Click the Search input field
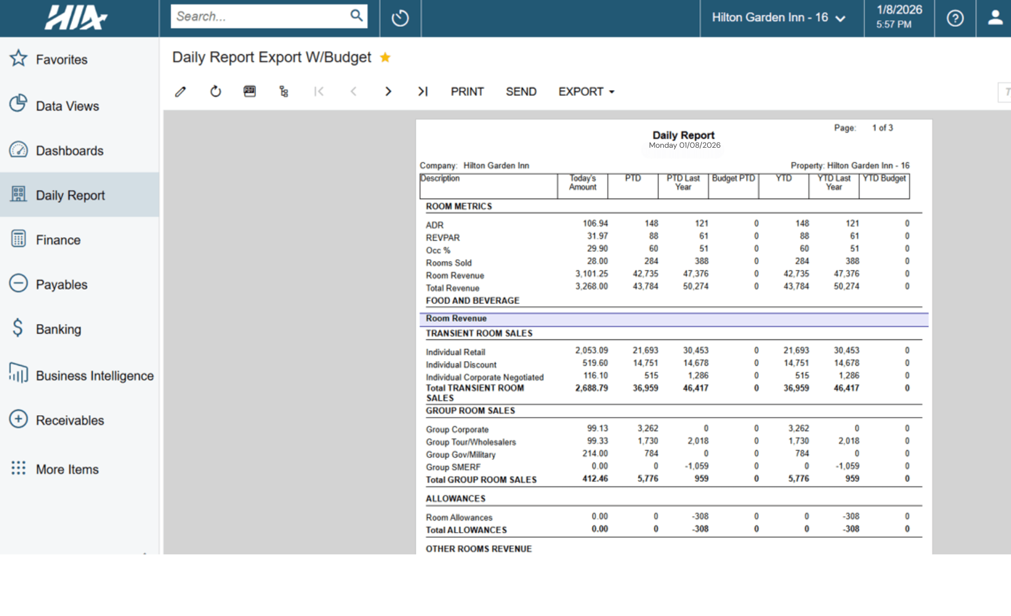pyautogui.click(x=259, y=17)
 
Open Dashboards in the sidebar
pyautogui.click(x=70, y=151)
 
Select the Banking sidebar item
pyautogui.click(x=58, y=329)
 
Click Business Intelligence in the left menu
pyautogui.click(x=94, y=376)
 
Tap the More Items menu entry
pyautogui.click(x=67, y=469)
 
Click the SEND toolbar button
pyautogui.click(x=521, y=92)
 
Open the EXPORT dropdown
pyautogui.click(x=586, y=92)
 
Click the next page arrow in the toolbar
pyautogui.click(x=388, y=92)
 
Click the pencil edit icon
pyautogui.click(x=181, y=92)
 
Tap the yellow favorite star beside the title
pyautogui.click(x=385, y=58)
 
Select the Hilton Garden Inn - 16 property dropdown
pyautogui.click(x=778, y=18)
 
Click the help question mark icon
pyautogui.click(x=955, y=18)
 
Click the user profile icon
pyautogui.click(x=995, y=18)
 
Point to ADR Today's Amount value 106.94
pyautogui.click(x=595, y=224)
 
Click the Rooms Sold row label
pyautogui.click(x=448, y=263)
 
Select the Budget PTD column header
pyautogui.click(x=733, y=179)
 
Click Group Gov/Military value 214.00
pyautogui.click(x=595, y=453)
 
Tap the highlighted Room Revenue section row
pyautogui.click(x=673, y=319)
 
